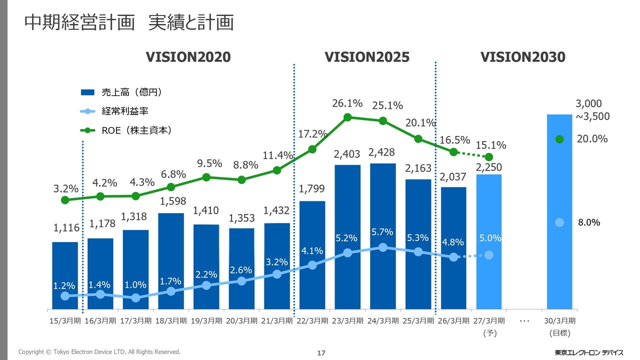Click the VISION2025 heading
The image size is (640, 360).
point(367,57)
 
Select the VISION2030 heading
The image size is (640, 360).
point(523,57)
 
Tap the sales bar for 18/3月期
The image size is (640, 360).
point(171,261)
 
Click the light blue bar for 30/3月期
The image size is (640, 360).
point(559,211)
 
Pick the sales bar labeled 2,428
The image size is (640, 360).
point(383,236)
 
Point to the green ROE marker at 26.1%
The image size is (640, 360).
point(347,117)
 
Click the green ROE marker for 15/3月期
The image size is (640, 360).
point(65,200)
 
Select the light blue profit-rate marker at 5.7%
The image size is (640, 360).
point(383,247)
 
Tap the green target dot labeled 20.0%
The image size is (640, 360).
point(559,139)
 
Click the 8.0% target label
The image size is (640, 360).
point(589,222)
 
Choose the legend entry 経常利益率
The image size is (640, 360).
point(114,111)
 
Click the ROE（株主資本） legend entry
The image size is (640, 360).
point(126,130)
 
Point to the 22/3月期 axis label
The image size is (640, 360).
point(312,321)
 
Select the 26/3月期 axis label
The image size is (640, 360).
point(453,321)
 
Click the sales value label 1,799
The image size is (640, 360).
point(311,188)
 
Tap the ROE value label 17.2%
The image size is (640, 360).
point(312,133)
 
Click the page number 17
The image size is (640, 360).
point(321,353)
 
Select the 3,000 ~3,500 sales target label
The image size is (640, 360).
point(592,110)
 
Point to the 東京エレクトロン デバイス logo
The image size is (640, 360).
point(589,352)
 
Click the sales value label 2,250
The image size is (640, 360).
point(489,167)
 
